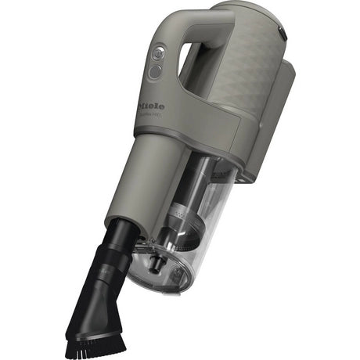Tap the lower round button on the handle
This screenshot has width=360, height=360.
coord(154,71)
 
